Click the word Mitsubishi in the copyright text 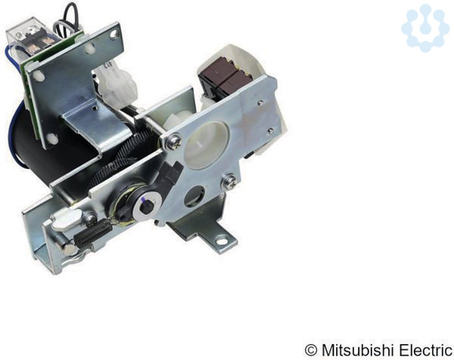[358, 350]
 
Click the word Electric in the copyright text [425, 350]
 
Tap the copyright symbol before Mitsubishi [311, 350]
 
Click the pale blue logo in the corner [425, 28]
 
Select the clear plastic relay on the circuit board [29, 37]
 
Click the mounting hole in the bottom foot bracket [222, 240]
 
